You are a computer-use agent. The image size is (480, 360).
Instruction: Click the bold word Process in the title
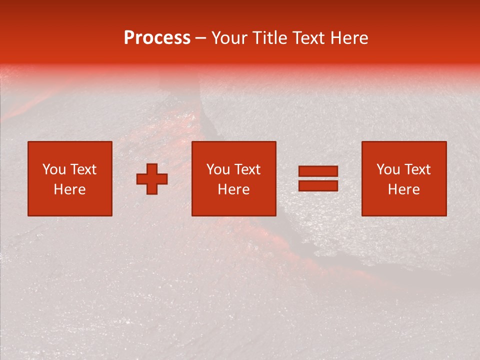(157, 38)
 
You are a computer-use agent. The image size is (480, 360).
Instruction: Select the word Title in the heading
(270, 38)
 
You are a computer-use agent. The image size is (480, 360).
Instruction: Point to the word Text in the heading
(309, 38)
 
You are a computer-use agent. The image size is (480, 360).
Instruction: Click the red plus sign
(152, 179)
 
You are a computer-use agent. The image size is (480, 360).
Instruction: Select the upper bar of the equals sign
(318, 171)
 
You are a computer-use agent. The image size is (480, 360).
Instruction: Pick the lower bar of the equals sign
(318, 185)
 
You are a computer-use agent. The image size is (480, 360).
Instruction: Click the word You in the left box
(54, 169)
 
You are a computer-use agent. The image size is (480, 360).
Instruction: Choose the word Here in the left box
(69, 189)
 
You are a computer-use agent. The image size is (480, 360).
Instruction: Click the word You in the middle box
(218, 169)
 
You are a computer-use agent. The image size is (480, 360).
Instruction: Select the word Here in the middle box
(233, 189)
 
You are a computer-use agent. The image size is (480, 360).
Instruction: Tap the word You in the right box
(388, 169)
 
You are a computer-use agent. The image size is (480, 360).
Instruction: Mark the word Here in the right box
(403, 189)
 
